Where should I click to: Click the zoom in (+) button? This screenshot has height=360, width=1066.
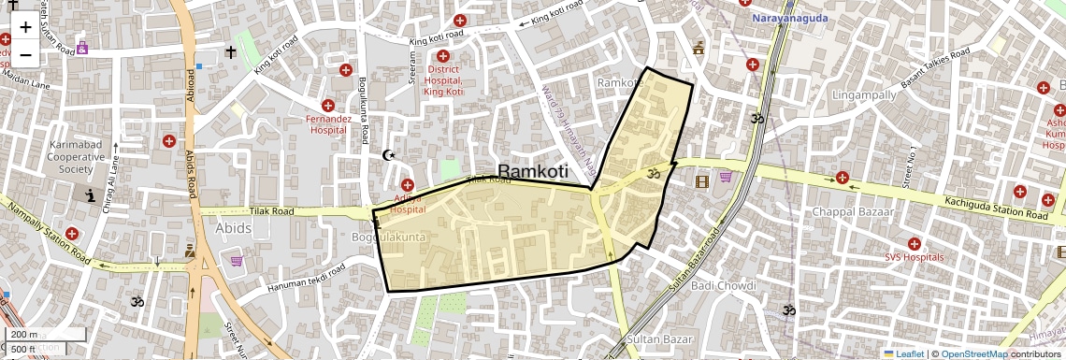pos(25,27)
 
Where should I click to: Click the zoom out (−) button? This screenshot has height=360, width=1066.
pos(25,54)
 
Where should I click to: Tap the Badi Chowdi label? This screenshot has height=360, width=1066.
pos(721,285)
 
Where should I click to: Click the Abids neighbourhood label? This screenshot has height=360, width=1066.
pos(233,227)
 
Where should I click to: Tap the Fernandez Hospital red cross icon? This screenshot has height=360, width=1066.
pos(328,107)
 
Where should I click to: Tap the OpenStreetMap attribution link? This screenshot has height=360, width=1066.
pos(973,353)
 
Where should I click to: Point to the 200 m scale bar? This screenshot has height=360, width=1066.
pos(24,334)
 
